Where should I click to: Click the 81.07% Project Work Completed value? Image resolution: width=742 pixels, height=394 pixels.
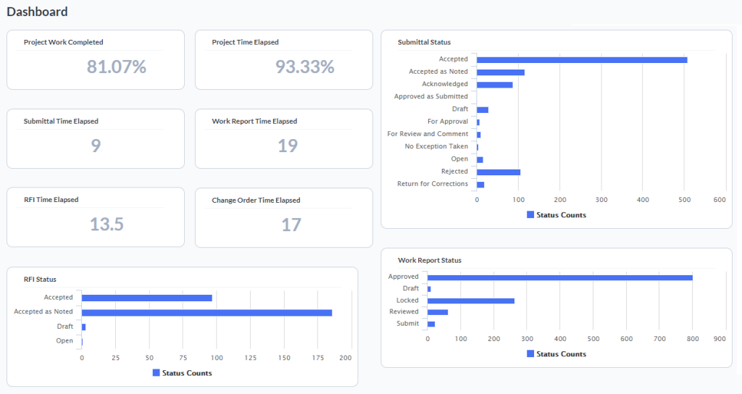pos(117,67)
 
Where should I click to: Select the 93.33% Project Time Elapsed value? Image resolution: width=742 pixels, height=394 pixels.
pos(304,67)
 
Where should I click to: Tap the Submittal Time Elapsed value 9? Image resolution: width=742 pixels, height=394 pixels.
pos(96,146)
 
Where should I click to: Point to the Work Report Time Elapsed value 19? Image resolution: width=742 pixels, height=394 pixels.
pos(288,146)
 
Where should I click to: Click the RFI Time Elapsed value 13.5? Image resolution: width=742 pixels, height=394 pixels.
pos(107,225)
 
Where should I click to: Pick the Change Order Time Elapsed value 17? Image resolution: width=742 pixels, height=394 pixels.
pos(291,225)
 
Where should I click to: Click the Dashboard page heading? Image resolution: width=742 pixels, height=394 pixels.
pos(37,12)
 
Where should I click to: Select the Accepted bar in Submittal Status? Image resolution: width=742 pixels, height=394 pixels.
pos(582,59)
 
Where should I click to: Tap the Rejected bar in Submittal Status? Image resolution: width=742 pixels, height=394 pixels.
pos(499,172)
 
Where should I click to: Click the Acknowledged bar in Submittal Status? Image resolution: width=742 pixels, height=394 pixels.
pos(494,85)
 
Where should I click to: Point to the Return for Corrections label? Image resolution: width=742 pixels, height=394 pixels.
pos(433,184)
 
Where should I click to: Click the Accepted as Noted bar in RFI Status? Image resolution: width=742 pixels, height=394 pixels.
pos(207,313)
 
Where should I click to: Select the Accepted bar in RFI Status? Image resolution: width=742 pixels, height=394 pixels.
pos(147,298)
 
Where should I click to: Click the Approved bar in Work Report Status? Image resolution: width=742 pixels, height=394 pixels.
pos(559,277)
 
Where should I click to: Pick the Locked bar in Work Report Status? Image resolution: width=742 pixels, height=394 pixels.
pos(471,301)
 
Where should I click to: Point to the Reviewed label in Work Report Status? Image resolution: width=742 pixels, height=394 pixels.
pos(404,312)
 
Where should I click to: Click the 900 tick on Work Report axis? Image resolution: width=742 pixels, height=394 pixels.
pos(720,338)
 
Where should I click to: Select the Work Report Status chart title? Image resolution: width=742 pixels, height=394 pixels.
pos(430,260)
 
